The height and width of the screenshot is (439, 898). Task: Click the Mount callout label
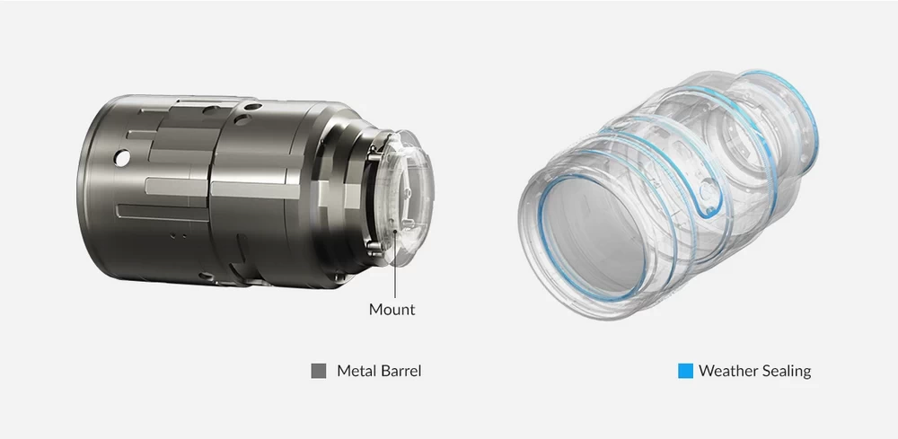[x=392, y=310]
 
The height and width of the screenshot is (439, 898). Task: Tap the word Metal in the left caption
[x=355, y=371]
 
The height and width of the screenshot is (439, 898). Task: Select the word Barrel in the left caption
[x=400, y=371]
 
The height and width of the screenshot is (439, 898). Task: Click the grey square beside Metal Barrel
[x=319, y=371]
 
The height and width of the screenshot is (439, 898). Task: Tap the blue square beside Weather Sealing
[x=685, y=371]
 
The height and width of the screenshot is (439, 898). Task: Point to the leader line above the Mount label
[x=394, y=265]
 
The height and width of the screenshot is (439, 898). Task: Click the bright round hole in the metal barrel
[x=121, y=157]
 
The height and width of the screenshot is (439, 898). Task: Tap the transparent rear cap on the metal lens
[x=407, y=198]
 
